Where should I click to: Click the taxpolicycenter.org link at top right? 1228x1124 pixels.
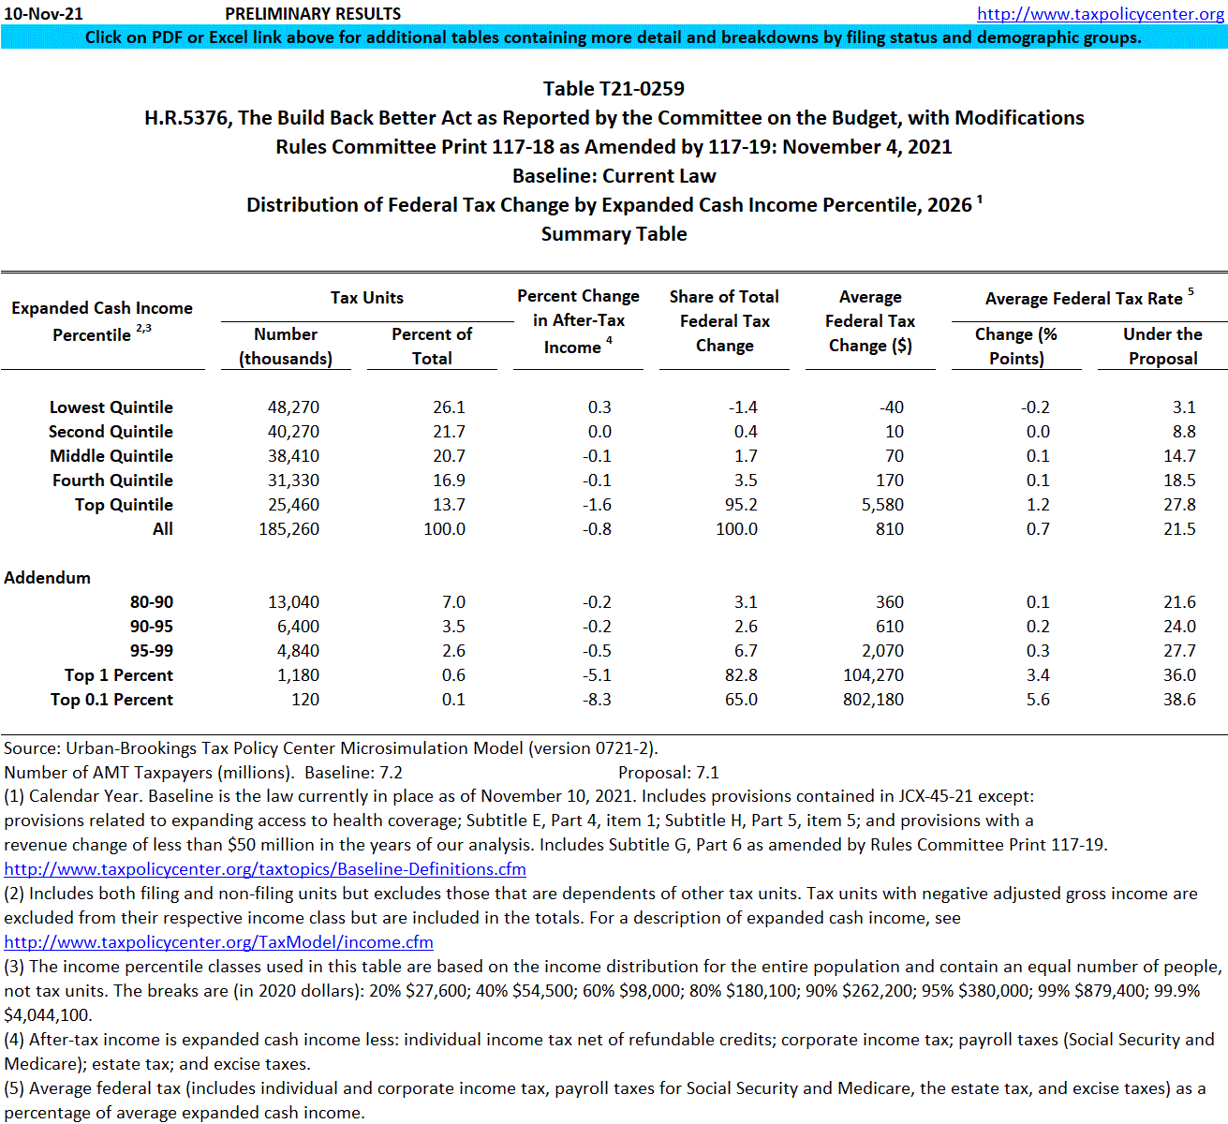(x=1100, y=13)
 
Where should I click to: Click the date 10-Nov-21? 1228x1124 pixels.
(x=43, y=13)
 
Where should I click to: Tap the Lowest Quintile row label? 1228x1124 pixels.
(x=111, y=407)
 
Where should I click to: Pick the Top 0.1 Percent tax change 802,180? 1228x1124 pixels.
(x=873, y=700)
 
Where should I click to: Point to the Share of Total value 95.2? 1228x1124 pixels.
(x=741, y=505)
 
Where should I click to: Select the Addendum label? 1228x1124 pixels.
(x=48, y=578)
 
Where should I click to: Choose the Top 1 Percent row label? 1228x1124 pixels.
(x=118, y=675)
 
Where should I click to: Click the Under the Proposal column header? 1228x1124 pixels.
(x=1162, y=347)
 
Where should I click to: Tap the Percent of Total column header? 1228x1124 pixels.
(x=432, y=347)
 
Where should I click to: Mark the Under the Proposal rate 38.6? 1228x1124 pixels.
(x=1179, y=700)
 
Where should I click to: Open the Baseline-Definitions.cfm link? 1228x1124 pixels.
(x=265, y=869)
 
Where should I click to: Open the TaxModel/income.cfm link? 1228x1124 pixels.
(x=218, y=942)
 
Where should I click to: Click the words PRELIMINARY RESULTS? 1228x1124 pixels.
(x=313, y=14)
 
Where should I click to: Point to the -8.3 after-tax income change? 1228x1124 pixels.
(x=597, y=700)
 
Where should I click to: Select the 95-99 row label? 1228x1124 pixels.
(x=152, y=651)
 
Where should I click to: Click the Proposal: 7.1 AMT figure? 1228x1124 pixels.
(x=668, y=773)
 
